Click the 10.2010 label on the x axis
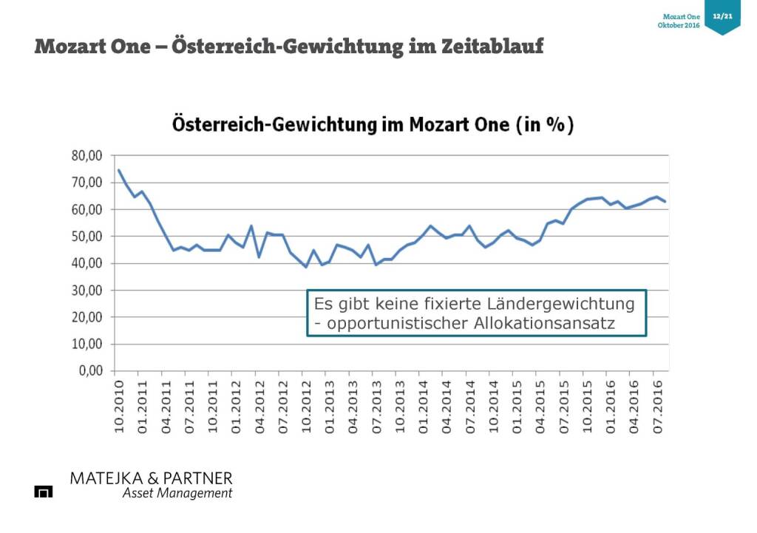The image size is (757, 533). pyautogui.click(x=118, y=406)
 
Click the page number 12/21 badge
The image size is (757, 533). pyautogui.click(x=722, y=16)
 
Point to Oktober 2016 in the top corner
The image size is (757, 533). pyautogui.click(x=679, y=26)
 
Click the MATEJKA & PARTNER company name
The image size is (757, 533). pyautogui.click(x=151, y=478)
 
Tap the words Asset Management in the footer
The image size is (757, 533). pyautogui.click(x=177, y=493)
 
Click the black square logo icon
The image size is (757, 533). pyautogui.click(x=44, y=492)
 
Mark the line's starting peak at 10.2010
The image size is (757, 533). pyautogui.click(x=118, y=170)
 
